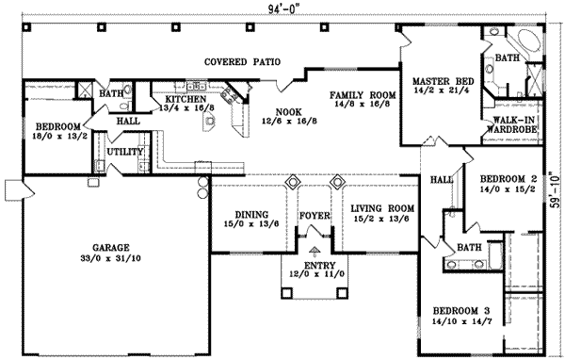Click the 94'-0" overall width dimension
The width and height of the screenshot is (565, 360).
click(x=281, y=8)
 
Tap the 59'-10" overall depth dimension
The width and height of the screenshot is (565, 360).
click(x=556, y=188)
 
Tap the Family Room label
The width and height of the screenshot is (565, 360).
click(x=360, y=96)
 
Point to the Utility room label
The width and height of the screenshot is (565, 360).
click(x=124, y=151)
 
